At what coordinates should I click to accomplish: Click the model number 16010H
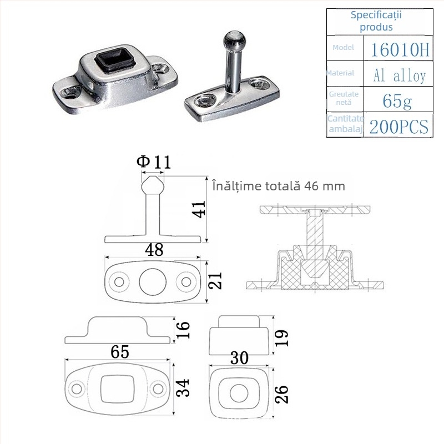tap(400, 49)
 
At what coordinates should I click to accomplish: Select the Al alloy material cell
tap(399, 75)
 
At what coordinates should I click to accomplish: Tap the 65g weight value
tap(397, 101)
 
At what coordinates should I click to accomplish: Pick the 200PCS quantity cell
tap(398, 127)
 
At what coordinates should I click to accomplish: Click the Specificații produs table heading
tap(376, 21)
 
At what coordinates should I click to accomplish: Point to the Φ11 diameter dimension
tap(154, 162)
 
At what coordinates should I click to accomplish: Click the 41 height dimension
tap(199, 209)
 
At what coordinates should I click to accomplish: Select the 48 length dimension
tap(154, 249)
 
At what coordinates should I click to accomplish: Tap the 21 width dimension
tap(215, 280)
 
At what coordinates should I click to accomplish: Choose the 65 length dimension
tap(120, 351)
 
